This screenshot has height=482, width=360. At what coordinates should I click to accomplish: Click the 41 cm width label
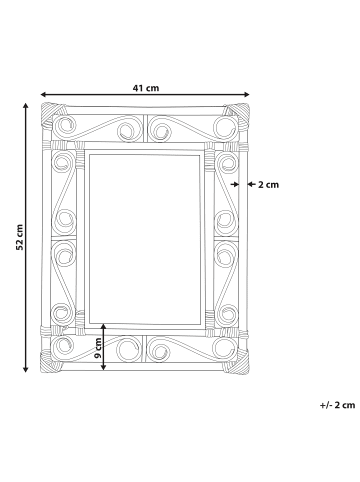click(x=146, y=88)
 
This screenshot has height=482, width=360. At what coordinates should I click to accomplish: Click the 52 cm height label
click(x=20, y=237)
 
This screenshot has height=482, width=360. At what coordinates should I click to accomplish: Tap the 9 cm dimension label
click(x=98, y=348)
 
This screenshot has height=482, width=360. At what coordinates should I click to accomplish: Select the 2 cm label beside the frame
click(x=268, y=184)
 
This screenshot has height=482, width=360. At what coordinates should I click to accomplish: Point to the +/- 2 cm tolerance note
click(x=337, y=405)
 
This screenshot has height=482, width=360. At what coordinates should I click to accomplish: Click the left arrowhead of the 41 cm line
click(x=43, y=94)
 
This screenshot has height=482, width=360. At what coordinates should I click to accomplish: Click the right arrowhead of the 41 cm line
click(x=247, y=94)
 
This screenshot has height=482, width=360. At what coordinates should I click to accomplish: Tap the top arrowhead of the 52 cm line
click(x=25, y=106)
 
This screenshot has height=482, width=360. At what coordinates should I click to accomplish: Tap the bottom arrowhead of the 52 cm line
click(x=25, y=369)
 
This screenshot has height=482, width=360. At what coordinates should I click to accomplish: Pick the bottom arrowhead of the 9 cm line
click(x=104, y=367)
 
